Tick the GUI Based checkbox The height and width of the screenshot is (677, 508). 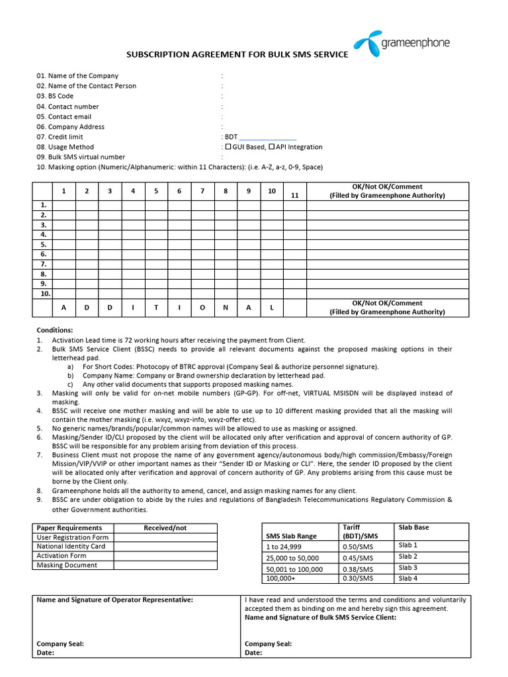pos(228,147)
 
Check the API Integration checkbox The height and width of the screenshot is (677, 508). pos(271,147)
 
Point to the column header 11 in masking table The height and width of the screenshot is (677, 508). pos(294,195)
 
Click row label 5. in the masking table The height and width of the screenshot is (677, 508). pos(43,244)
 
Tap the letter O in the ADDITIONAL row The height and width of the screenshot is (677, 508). pos(202,308)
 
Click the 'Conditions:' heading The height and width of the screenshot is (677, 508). pos(55,329)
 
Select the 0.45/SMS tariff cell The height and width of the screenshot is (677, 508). pos(357,558)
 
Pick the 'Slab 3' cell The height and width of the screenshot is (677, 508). pos(408,568)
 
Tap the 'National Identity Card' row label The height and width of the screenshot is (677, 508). pos(71,547)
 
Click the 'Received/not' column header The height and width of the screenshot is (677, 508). pos(165,528)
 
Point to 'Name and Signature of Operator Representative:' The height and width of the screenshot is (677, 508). pos(114,600)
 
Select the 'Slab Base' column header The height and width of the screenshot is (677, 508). pos(413,527)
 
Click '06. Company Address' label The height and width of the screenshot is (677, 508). pos(70,126)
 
